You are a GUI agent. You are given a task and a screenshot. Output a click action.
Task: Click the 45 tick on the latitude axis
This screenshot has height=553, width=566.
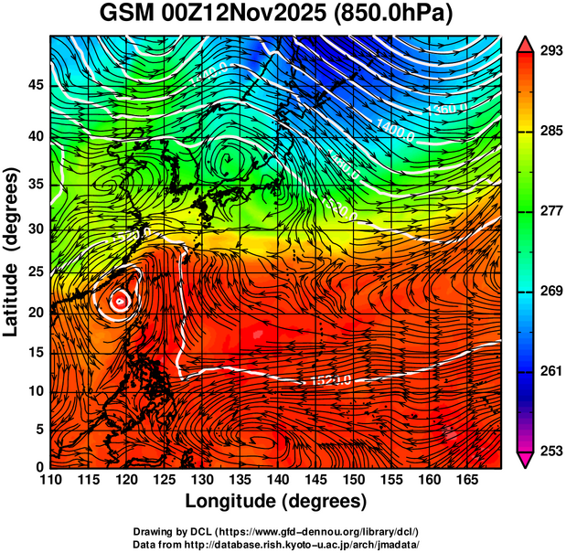(x=37, y=84)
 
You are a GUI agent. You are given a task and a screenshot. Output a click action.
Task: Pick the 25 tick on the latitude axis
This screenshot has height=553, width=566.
(x=37, y=272)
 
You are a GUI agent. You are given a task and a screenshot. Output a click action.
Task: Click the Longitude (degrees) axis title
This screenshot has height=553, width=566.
(x=276, y=501)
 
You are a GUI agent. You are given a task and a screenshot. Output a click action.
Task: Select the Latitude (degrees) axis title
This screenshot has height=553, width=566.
(x=12, y=251)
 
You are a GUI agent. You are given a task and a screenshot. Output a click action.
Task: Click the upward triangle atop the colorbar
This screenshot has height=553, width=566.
(x=526, y=42)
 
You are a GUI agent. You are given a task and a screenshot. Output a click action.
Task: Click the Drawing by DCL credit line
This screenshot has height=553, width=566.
(x=276, y=531)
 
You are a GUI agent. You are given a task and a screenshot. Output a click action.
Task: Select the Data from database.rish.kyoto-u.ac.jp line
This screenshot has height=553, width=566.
(x=276, y=543)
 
